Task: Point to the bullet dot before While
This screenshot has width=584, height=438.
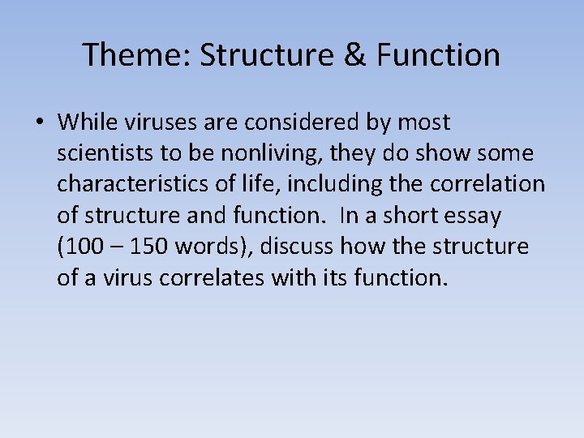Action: tap(39, 123)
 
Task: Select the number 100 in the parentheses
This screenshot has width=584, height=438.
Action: tap(81, 246)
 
